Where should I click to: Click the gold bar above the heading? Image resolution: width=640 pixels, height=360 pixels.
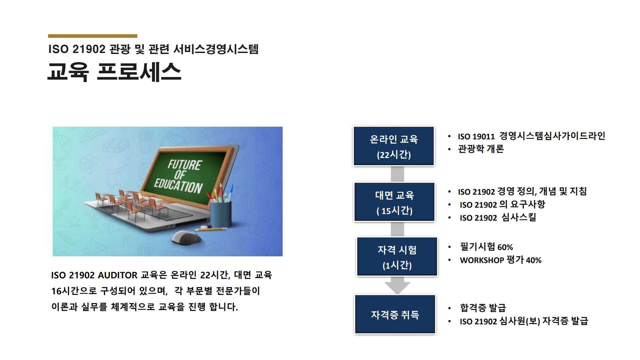pyautogui.click(x=92, y=36)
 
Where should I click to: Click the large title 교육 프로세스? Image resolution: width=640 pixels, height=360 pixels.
pyautogui.click(x=114, y=72)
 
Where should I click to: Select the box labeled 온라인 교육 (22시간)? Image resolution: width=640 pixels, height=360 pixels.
pyautogui.click(x=394, y=146)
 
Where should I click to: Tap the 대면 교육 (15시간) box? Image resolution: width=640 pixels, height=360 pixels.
pyautogui.click(x=394, y=202)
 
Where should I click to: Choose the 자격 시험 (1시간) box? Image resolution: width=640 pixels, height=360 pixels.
pyautogui.click(x=397, y=257)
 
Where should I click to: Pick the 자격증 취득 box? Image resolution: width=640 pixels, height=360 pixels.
pyautogui.click(x=395, y=314)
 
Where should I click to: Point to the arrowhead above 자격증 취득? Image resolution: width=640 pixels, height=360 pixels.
pyautogui.click(x=397, y=288)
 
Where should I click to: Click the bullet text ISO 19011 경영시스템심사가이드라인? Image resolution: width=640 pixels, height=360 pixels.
pyautogui.click(x=531, y=136)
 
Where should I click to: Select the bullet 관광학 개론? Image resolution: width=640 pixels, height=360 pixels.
pyautogui.click(x=481, y=149)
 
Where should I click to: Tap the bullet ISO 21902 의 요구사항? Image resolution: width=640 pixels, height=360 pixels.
pyautogui.click(x=502, y=204)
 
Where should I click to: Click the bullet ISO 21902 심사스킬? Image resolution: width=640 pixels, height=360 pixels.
pyautogui.click(x=498, y=217)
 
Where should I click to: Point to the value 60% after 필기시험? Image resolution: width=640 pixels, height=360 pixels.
pyautogui.click(x=505, y=247)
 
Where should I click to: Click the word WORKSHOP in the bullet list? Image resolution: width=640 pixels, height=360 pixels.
pyautogui.click(x=482, y=260)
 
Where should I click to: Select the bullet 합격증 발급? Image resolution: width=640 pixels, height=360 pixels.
pyautogui.click(x=483, y=308)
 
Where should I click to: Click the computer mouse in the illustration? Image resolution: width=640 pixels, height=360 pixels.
pyautogui.click(x=186, y=237)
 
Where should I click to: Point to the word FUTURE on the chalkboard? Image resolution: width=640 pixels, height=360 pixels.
pyautogui.click(x=184, y=165)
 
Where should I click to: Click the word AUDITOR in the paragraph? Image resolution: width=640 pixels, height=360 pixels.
pyautogui.click(x=118, y=275)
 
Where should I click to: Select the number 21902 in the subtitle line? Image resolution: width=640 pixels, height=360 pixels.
pyautogui.click(x=89, y=49)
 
